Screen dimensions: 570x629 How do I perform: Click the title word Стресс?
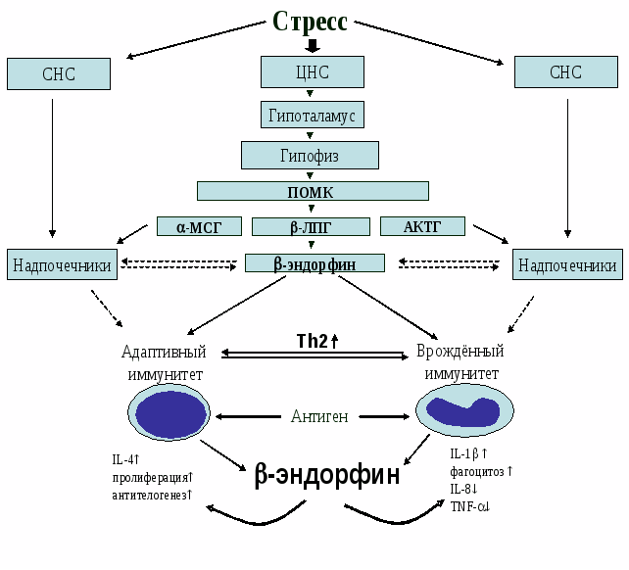point(310,22)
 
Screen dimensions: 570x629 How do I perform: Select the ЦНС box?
point(312,72)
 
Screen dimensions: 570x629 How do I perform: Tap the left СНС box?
point(59,73)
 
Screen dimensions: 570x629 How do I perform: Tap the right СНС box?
point(565,72)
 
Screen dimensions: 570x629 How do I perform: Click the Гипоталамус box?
point(312,116)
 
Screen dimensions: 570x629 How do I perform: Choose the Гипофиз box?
point(310,155)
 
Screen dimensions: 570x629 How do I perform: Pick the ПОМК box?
point(313,191)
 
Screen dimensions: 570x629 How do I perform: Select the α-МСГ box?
point(198,227)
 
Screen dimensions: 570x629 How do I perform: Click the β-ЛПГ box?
point(311,227)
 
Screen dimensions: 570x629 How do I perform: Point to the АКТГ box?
point(422,227)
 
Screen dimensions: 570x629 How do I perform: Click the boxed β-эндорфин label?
point(314,263)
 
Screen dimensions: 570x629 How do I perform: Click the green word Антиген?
point(319,416)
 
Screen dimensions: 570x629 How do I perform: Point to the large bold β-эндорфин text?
point(326,475)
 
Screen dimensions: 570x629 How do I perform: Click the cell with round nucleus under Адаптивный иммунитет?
point(169,413)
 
